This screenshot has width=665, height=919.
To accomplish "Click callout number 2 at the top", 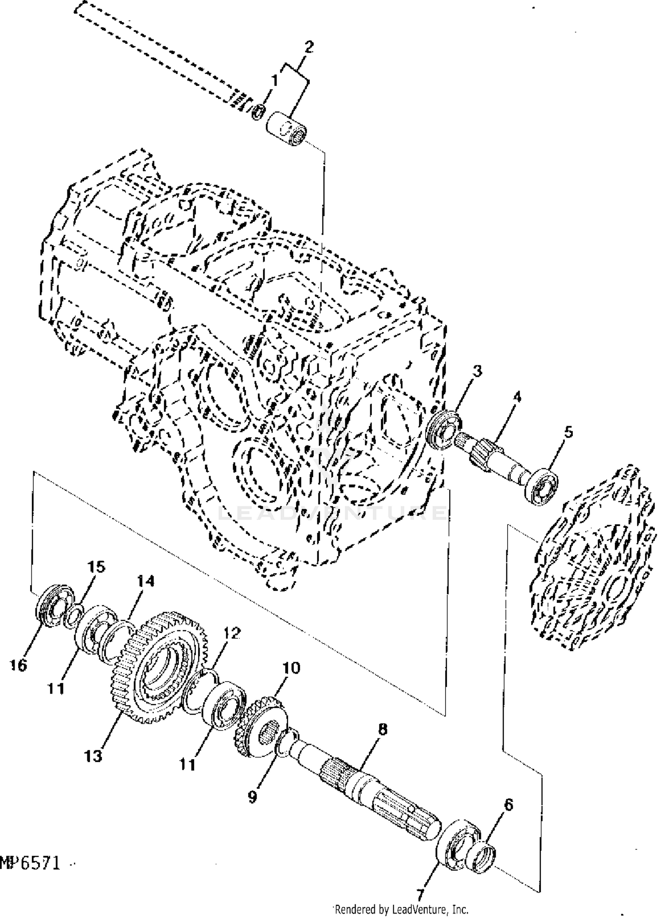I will click(x=309, y=47).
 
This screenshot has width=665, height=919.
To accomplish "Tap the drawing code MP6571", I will click(x=30, y=863).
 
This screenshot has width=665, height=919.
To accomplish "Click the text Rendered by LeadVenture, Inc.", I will click(x=401, y=910).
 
